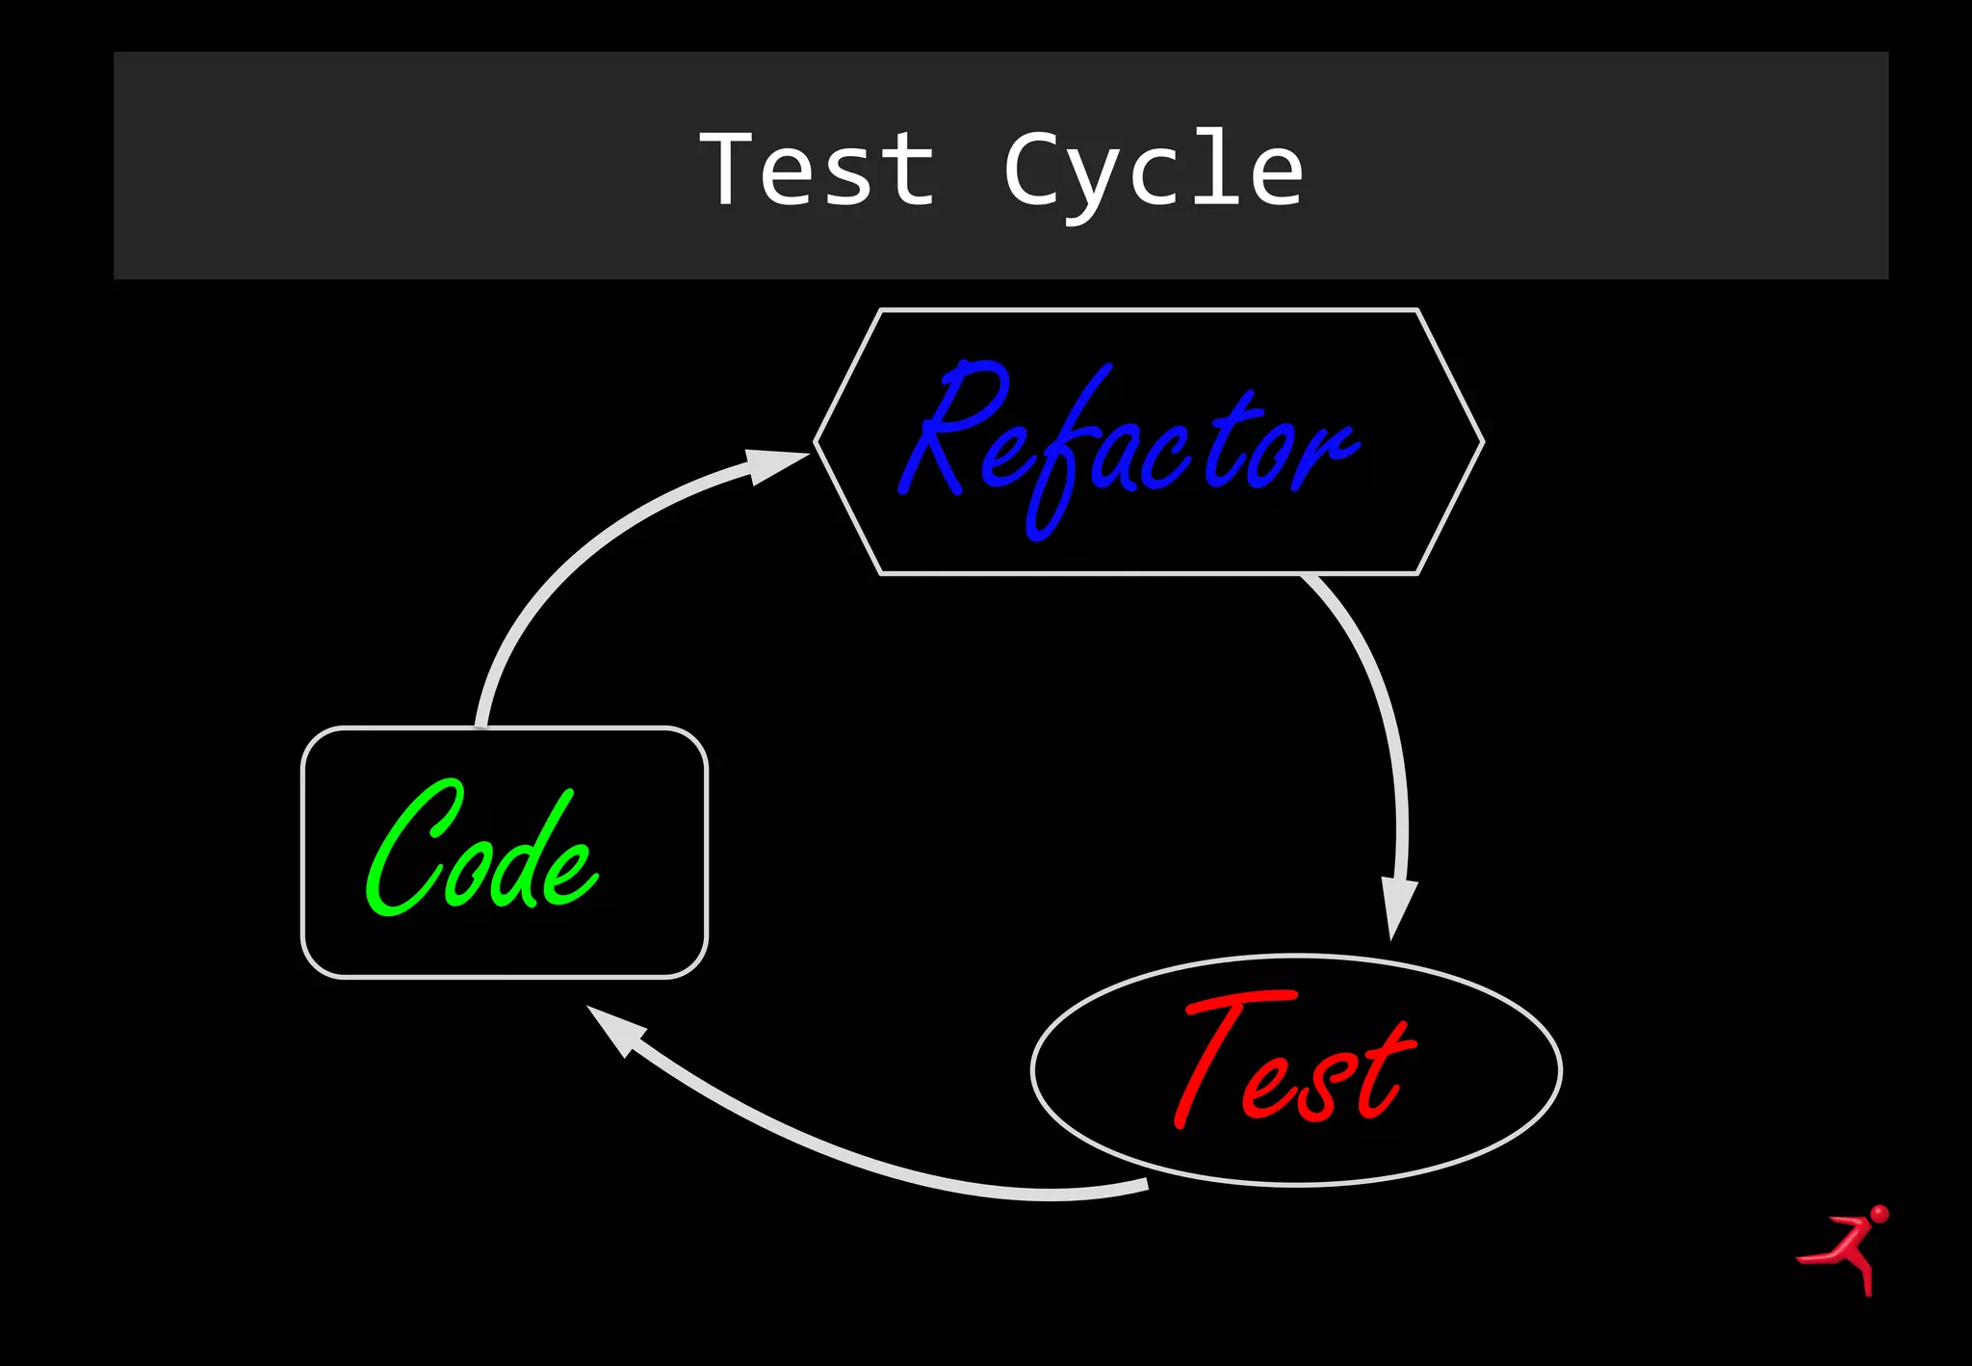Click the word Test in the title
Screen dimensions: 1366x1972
(817, 170)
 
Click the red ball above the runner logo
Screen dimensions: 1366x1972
(1879, 1213)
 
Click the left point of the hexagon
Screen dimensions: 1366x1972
(817, 442)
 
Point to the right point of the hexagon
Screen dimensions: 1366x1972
(1481, 442)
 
